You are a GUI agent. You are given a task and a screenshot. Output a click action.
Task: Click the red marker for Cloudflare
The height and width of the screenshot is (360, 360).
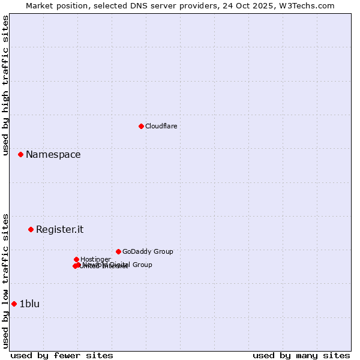pyautogui.click(x=141, y=126)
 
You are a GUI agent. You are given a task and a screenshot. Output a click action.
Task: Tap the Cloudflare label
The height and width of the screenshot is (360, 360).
pyautogui.click(x=161, y=126)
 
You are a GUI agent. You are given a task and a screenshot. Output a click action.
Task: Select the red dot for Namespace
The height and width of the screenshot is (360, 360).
pyautogui.click(x=20, y=154)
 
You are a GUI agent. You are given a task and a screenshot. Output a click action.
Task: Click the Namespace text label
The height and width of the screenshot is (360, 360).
pyautogui.click(x=53, y=155)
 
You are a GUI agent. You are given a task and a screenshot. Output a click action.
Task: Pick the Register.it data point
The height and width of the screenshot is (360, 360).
pyautogui.click(x=31, y=229)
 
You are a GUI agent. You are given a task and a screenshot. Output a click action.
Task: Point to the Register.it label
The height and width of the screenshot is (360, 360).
pyautogui.click(x=59, y=230)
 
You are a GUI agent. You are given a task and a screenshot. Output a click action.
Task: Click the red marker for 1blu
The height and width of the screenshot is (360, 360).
pyautogui.click(x=14, y=304)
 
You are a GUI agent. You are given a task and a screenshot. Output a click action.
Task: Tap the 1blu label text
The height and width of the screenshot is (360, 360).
pyautogui.click(x=29, y=304)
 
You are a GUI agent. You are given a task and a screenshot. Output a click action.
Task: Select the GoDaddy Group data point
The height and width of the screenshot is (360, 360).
pyautogui.click(x=118, y=251)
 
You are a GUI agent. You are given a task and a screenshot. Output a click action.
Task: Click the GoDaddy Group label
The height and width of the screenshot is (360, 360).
pyautogui.click(x=148, y=252)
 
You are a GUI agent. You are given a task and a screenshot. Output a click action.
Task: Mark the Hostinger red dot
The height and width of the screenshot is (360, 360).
pyautogui.click(x=76, y=259)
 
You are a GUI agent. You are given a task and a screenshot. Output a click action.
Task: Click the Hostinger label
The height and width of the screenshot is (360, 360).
pyautogui.click(x=95, y=259)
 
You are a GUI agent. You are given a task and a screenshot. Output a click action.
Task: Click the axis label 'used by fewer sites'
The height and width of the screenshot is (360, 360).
pyautogui.click(x=62, y=356)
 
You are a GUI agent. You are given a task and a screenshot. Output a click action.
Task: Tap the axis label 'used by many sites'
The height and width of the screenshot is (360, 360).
pyautogui.click(x=301, y=356)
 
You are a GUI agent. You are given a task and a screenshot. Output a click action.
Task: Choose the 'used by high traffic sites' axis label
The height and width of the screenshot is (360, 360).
pyautogui.click(x=5, y=85)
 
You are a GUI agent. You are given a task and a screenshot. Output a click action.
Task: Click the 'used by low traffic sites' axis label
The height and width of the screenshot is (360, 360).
pyautogui.click(x=5, y=281)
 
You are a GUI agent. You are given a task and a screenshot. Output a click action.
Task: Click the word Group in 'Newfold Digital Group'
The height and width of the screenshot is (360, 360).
pyautogui.click(x=142, y=265)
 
